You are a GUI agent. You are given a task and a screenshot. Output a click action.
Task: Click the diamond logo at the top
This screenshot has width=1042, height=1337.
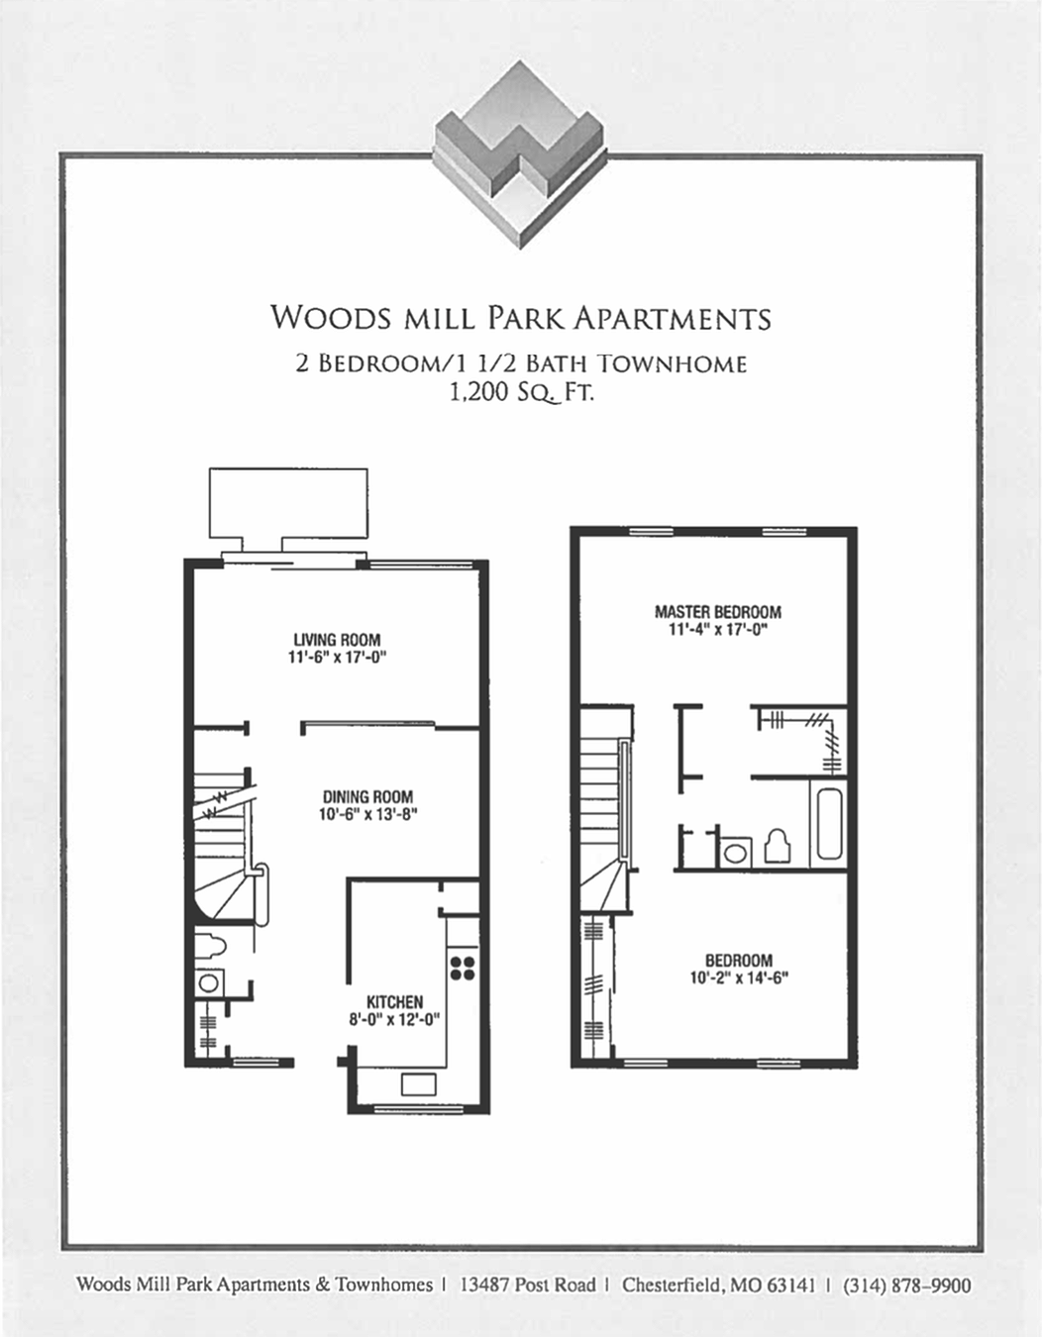click(519, 154)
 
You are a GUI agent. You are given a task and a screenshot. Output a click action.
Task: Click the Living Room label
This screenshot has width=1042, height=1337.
click(337, 640)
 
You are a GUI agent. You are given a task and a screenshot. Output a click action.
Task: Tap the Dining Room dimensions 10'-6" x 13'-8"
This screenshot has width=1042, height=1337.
click(367, 815)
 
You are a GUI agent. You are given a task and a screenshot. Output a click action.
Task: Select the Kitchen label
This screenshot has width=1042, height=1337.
click(394, 1002)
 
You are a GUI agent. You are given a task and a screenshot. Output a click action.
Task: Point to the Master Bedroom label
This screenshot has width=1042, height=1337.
click(718, 612)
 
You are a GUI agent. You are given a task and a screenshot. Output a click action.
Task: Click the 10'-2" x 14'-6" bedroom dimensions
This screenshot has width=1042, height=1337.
click(739, 978)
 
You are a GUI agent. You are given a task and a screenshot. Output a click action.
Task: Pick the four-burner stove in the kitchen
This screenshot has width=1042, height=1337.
click(462, 967)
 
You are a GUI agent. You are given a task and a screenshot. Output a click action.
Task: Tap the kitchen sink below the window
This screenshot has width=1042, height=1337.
click(418, 1083)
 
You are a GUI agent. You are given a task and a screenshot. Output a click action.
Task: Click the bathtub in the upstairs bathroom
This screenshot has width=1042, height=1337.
click(828, 823)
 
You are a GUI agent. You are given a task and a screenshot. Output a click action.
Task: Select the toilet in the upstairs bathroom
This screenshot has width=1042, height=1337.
click(778, 847)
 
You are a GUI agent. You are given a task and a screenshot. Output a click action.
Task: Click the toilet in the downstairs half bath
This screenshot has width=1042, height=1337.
click(209, 946)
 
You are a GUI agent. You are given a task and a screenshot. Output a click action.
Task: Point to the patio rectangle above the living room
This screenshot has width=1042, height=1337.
click(288, 502)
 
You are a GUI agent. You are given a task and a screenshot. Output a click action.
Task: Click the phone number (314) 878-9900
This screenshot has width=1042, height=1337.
click(906, 1286)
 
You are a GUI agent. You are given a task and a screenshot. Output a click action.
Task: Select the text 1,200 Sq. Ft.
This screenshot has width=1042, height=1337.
click(521, 392)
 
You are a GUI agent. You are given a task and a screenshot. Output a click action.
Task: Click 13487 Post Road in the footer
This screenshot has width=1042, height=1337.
click(528, 1286)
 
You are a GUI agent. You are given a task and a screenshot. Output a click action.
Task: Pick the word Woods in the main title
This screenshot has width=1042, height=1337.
click(331, 318)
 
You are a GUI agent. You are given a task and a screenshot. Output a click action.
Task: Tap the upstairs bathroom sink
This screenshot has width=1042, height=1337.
click(735, 851)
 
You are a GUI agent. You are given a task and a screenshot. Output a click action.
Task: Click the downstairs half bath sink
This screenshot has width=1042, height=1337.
click(208, 983)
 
